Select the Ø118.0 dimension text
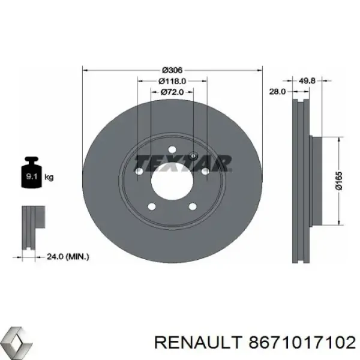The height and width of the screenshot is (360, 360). click(172, 80)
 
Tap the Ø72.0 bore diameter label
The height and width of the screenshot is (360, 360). click(172, 92)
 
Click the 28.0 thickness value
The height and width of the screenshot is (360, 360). click(278, 91)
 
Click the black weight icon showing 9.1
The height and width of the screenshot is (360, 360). click(32, 174)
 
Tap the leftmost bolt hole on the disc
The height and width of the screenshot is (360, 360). click(139, 172)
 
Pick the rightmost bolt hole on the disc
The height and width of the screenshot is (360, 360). click(205, 172)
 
